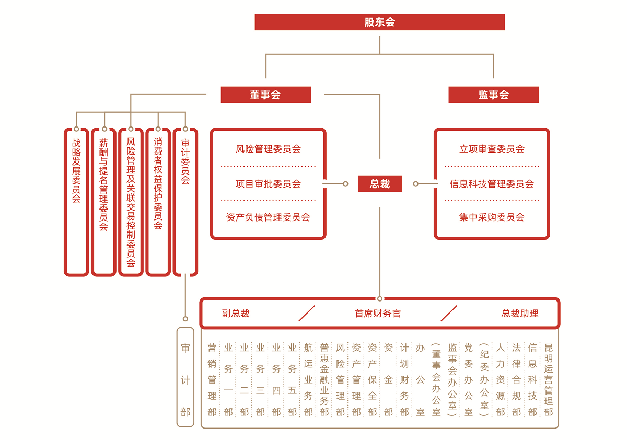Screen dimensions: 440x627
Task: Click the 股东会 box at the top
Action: (380, 22)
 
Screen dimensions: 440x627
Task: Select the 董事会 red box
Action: (265, 95)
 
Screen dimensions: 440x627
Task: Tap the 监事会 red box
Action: (493, 95)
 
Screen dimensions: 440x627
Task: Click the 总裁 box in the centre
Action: (380, 183)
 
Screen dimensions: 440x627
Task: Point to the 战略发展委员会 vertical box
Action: (76, 201)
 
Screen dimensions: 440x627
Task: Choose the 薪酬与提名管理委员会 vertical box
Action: (103, 201)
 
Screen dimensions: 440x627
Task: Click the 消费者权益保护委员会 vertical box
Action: (158, 201)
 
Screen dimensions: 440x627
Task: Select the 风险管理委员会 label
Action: (268, 149)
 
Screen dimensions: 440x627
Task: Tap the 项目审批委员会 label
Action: (268, 184)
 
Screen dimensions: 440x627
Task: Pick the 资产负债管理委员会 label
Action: (268, 217)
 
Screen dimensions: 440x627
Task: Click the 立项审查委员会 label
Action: (492, 149)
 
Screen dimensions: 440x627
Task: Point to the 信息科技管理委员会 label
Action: (492, 184)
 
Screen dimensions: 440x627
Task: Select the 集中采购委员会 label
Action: (492, 217)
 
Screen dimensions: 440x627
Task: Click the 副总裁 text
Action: (236, 314)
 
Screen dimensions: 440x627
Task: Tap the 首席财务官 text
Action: (378, 314)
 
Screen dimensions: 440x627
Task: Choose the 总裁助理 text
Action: (520, 314)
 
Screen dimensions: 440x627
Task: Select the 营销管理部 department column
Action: (212, 379)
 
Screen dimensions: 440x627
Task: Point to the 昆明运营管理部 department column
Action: (548, 379)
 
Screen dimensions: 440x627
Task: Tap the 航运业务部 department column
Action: (308, 379)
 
